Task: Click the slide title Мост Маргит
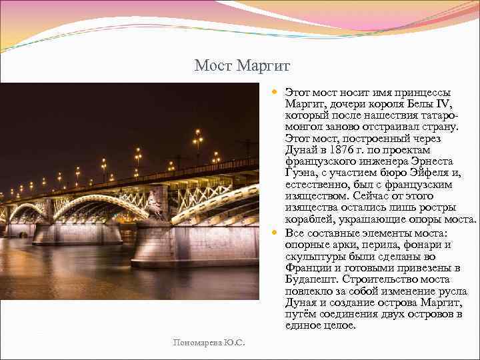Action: pyautogui.click(x=243, y=66)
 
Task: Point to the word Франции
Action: pyautogui.click(x=307, y=268)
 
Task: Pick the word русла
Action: pyautogui.click(x=454, y=291)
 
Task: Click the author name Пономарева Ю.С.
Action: pyautogui.click(x=209, y=343)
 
